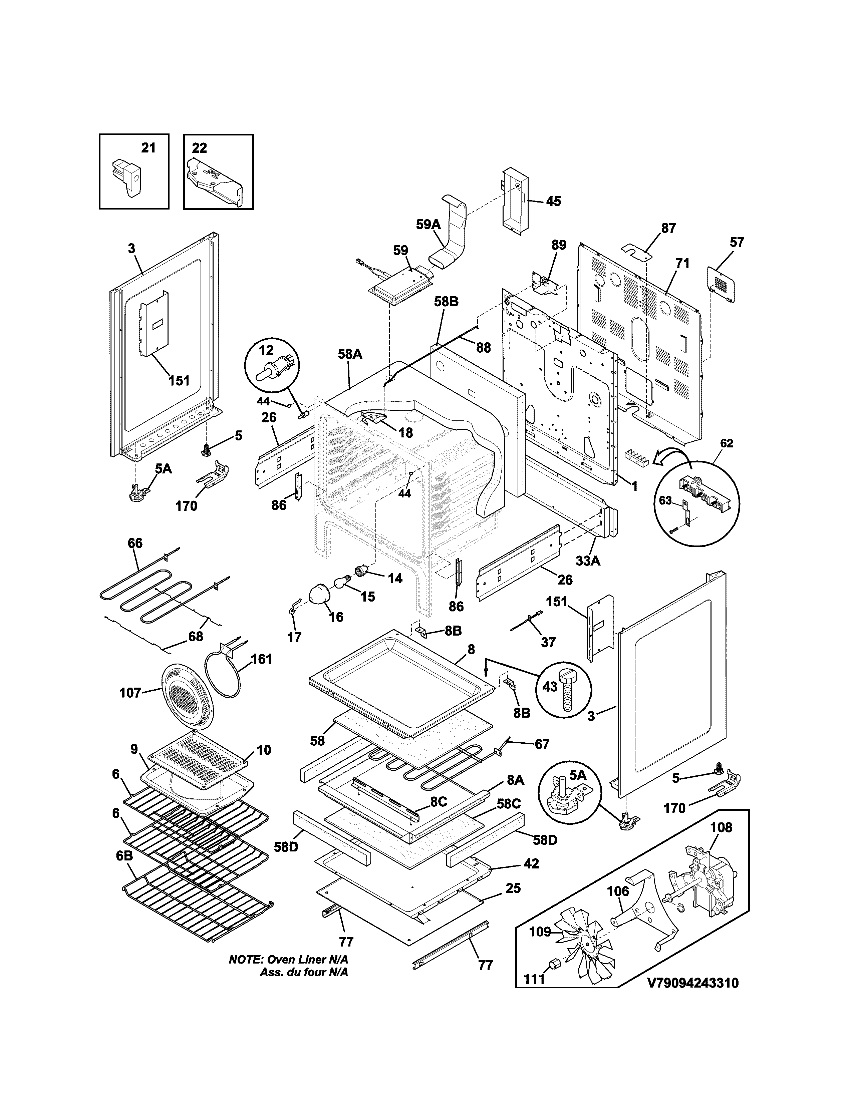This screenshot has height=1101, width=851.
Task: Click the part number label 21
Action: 148,148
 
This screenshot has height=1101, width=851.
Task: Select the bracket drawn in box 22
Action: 214,182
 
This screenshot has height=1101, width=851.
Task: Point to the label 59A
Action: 429,224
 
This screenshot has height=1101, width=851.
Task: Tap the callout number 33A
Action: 588,561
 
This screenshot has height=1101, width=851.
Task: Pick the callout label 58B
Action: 446,302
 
